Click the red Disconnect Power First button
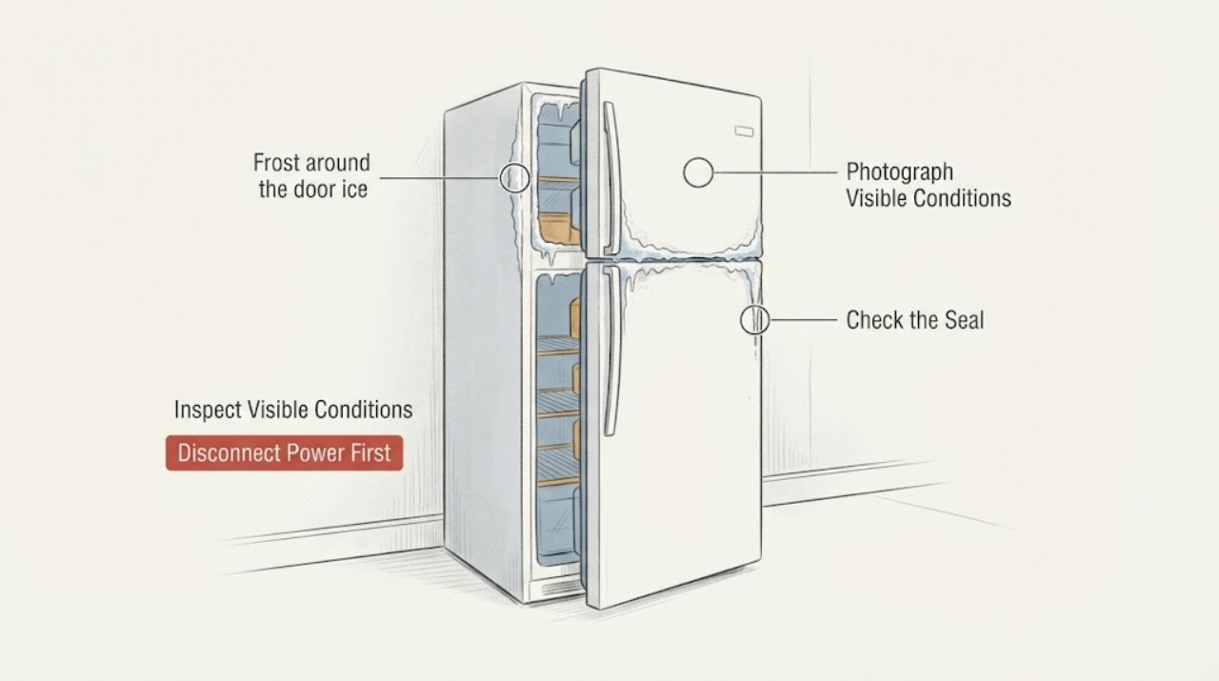(x=285, y=453)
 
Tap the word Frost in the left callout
(x=275, y=162)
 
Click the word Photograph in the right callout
(x=900, y=172)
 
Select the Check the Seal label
(x=915, y=320)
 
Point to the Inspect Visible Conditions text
(x=293, y=410)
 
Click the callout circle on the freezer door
(x=698, y=172)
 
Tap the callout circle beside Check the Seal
(x=755, y=319)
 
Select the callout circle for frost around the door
(x=514, y=177)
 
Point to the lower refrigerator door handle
(x=611, y=351)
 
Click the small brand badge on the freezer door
(x=744, y=131)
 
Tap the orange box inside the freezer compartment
(x=555, y=229)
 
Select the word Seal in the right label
(x=964, y=320)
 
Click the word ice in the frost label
(x=355, y=189)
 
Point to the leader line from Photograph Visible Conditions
(x=776, y=172)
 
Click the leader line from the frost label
(x=439, y=177)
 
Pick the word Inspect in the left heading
(x=208, y=410)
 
